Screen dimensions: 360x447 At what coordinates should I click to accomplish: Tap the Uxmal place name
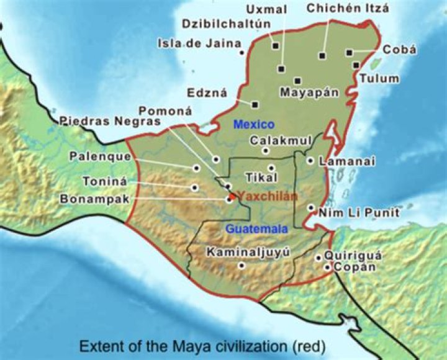click(266, 9)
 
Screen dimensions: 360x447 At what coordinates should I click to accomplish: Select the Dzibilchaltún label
click(227, 24)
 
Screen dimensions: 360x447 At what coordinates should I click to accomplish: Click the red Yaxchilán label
click(268, 196)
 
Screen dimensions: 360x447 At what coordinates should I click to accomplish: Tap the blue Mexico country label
click(253, 125)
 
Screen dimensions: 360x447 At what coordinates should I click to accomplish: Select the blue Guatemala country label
click(256, 229)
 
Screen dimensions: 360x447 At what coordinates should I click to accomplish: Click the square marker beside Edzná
click(255, 104)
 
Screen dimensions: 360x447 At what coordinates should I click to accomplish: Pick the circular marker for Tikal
click(271, 168)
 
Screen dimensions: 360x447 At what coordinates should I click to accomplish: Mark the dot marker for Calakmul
click(266, 150)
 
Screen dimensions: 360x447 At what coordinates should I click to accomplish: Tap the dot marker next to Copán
click(327, 268)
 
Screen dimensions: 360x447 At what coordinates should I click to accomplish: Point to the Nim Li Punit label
click(358, 213)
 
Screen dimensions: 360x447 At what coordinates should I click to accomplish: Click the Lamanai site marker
click(310, 161)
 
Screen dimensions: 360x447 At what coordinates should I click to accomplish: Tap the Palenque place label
click(100, 156)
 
